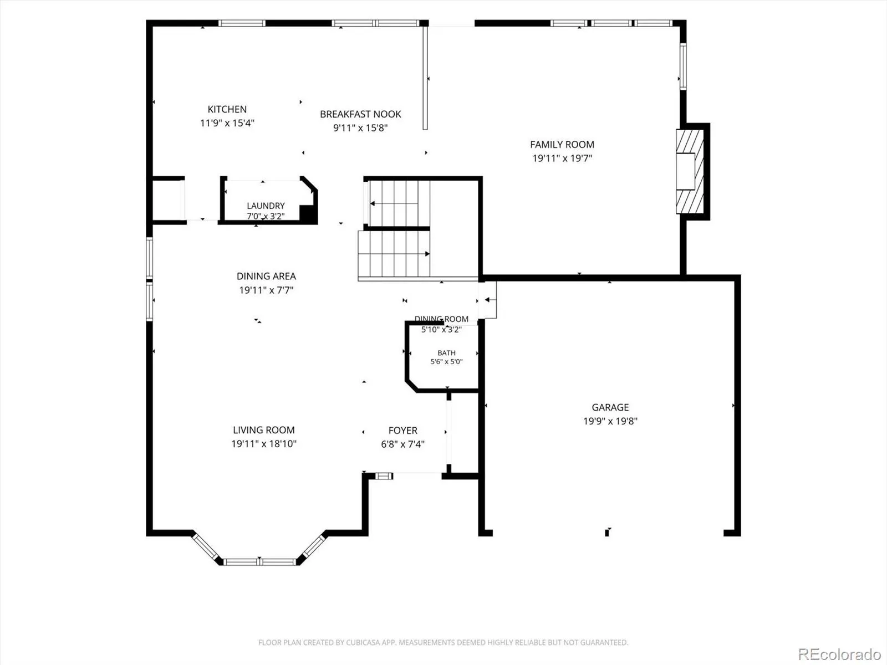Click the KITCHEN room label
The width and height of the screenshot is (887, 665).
click(227, 109)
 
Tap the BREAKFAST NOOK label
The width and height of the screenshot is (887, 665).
click(360, 114)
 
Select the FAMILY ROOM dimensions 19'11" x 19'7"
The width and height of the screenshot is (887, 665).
click(562, 158)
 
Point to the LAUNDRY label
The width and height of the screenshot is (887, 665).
click(266, 206)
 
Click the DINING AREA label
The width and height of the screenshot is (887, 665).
click(266, 276)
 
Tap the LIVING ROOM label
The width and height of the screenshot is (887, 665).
click(263, 430)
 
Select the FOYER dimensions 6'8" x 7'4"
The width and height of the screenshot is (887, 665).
click(402, 444)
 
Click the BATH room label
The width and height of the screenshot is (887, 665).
click(446, 353)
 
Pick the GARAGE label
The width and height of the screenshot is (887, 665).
click(610, 407)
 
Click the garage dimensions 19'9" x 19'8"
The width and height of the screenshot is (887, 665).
click(610, 421)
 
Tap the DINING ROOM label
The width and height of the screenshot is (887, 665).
click(441, 319)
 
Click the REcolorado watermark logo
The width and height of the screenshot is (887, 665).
click(839, 654)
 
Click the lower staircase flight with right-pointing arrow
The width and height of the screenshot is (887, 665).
click(394, 254)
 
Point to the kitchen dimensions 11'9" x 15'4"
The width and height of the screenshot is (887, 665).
click(227, 122)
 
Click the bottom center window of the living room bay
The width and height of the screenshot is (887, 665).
click(260, 561)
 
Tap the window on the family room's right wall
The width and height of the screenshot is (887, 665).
click(683, 66)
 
